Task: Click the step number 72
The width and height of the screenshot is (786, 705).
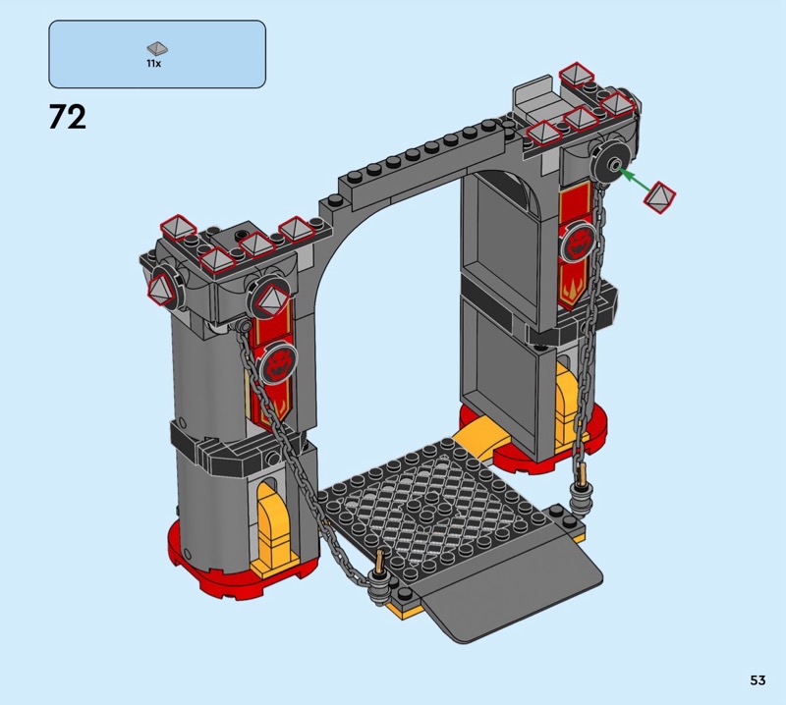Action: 68,118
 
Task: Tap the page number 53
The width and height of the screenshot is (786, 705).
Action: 758,679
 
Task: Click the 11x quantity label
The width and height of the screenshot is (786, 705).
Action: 154,64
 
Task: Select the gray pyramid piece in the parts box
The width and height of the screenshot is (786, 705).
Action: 157,48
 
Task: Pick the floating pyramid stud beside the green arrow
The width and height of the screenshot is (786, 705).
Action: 659,197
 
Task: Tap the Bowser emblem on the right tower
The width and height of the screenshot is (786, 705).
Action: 578,241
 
